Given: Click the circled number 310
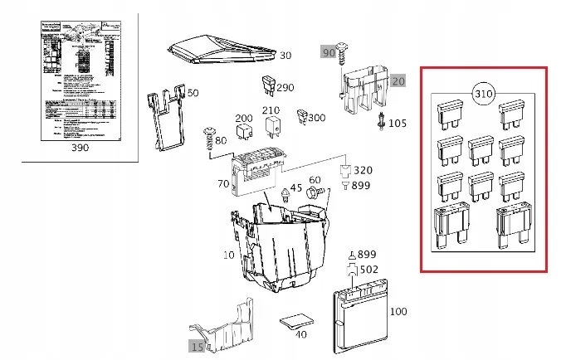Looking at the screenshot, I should (484, 93).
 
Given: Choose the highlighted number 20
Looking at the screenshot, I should (398, 81).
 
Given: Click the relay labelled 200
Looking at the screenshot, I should (244, 130).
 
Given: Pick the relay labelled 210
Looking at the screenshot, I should (271, 126).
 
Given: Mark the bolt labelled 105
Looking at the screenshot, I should (381, 123).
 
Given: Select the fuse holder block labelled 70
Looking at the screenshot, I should (260, 170).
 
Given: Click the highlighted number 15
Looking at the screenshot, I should (197, 347).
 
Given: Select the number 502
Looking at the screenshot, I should (369, 269).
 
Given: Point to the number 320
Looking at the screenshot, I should (363, 170).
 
